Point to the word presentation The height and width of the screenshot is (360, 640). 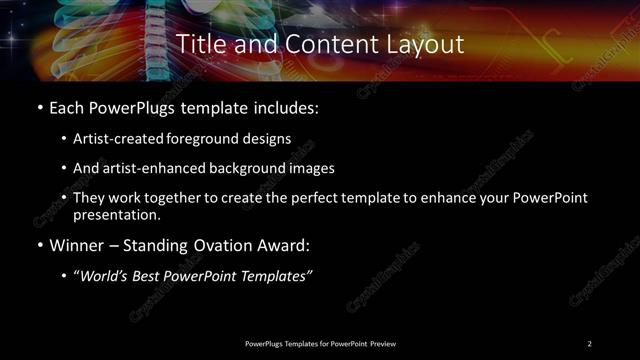(x=115, y=214)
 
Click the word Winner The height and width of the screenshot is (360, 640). (x=77, y=244)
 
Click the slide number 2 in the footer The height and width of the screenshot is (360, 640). (x=590, y=344)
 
